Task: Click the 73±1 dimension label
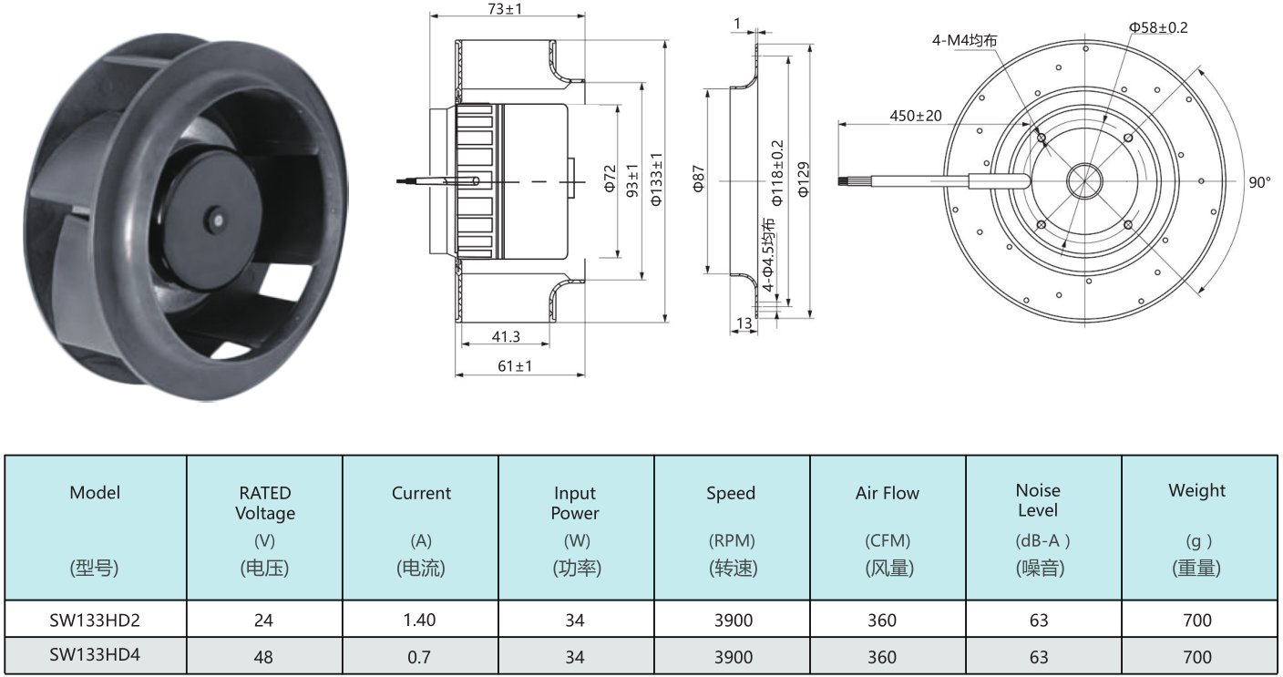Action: (505, 8)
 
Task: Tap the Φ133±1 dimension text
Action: (656, 179)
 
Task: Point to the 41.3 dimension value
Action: (506, 336)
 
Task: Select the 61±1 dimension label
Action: (515, 365)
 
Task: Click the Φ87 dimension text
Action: (698, 179)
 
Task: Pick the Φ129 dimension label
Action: (804, 180)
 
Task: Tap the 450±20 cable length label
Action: (915, 116)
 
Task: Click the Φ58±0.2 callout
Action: (1158, 27)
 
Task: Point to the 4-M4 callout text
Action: (965, 40)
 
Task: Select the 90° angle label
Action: (1259, 182)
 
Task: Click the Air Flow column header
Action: (888, 493)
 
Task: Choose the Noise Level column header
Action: (1038, 500)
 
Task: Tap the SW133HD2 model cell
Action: (95, 621)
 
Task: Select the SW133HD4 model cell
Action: (95, 655)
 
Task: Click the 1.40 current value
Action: (419, 621)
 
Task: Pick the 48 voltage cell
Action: (263, 657)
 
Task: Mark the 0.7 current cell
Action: (418, 657)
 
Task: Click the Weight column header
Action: (1196, 490)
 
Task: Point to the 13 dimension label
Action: (744, 323)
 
